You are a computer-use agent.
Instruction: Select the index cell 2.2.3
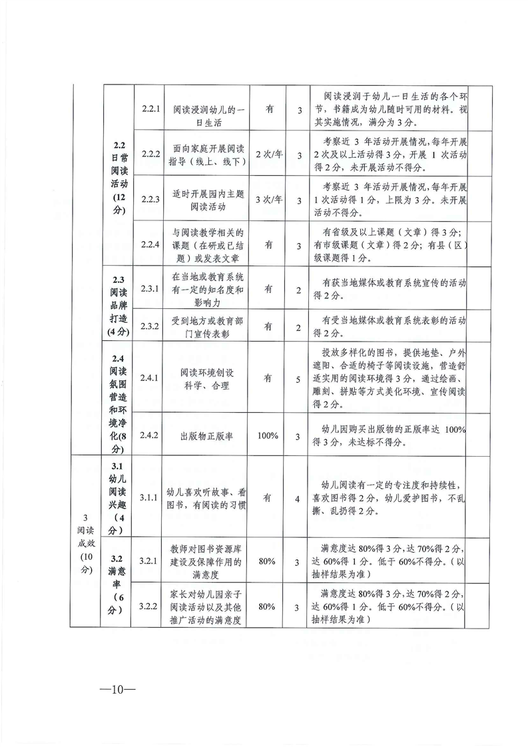point(150,200)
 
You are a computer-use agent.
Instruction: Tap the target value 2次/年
point(268,154)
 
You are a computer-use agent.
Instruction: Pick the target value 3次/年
point(268,200)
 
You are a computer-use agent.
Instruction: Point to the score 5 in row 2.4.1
point(300,378)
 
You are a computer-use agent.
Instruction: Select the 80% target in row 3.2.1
point(268,561)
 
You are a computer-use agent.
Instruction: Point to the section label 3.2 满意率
point(118,581)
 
